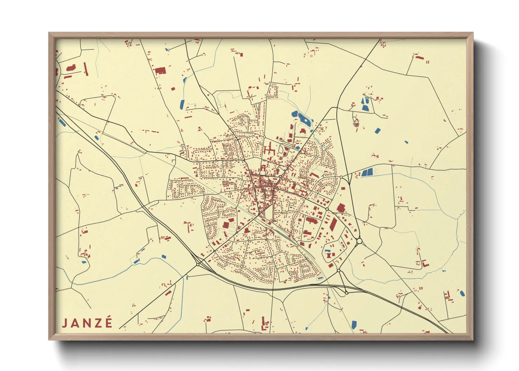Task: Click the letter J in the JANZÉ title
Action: tap(65, 323)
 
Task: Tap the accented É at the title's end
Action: tap(109, 322)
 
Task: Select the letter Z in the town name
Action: tap(98, 323)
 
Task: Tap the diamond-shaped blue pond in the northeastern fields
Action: tap(377, 131)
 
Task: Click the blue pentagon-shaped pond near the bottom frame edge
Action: tap(354, 325)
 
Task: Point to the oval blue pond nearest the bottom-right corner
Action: tap(462, 293)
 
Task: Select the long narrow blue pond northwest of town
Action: tap(182, 104)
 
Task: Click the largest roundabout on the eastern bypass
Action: tap(359, 241)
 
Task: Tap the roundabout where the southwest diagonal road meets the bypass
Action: tap(198, 264)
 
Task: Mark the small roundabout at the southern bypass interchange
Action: tap(346, 293)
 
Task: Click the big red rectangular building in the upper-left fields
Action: tap(160, 70)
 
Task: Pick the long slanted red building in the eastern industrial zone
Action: tap(333, 224)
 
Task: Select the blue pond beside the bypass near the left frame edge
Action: tap(62, 122)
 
